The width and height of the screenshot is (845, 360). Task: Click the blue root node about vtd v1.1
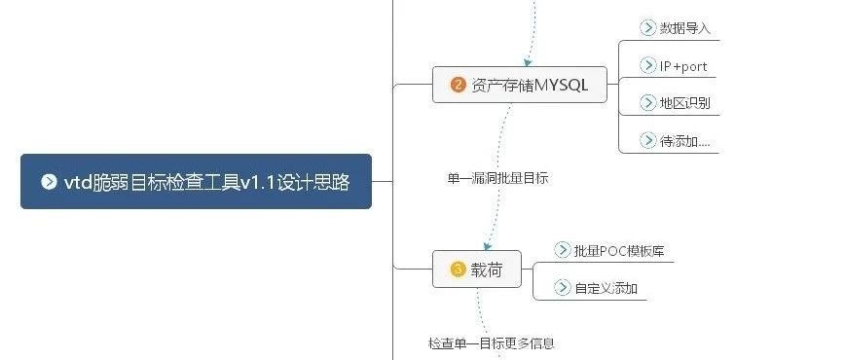pos(197,182)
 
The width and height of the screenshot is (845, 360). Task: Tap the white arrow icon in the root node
pos(49,182)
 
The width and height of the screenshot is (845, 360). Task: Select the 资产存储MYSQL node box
pos(520,85)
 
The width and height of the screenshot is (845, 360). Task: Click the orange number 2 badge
pos(458,85)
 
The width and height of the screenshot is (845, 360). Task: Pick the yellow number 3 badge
pos(458,269)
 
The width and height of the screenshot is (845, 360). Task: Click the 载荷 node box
pos(477,269)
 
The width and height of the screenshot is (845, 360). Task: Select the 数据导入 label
pos(685,28)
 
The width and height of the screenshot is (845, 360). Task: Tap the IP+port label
pos(683,66)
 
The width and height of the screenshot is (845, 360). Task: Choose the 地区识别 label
pos(685,103)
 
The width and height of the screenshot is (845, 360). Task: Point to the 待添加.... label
pos(685,141)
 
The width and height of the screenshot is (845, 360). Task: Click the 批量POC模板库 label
pos(619,251)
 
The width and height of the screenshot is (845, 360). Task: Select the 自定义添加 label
pos(606,288)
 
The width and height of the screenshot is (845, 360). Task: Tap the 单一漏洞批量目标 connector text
pos(497,178)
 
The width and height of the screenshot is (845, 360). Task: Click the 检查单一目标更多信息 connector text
pos(492,343)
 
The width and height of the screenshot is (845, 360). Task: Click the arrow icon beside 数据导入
pos(647,27)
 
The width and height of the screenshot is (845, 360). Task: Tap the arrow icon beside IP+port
pos(647,66)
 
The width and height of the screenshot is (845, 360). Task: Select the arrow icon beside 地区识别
pos(647,102)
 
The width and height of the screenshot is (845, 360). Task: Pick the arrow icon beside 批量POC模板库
pos(562,250)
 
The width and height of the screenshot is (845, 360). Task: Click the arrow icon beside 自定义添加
pos(562,288)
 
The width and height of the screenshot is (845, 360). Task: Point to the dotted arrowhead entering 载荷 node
pos(487,246)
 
